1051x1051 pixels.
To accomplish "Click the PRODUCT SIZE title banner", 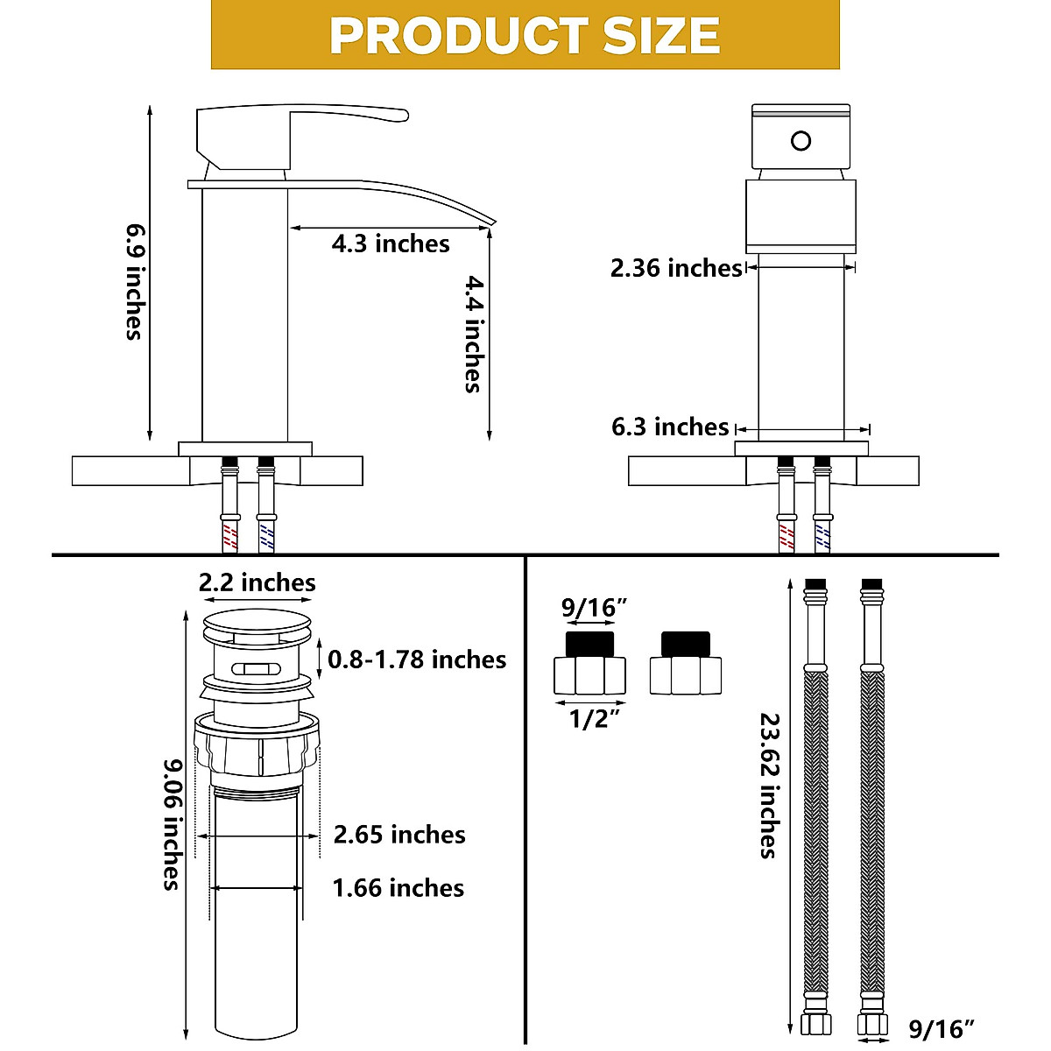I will (525, 35).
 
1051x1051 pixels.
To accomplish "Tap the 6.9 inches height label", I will (133, 280).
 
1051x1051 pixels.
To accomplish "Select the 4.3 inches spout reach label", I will (390, 243).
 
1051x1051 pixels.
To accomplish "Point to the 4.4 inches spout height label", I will (474, 333).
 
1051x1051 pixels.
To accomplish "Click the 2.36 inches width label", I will (676, 268).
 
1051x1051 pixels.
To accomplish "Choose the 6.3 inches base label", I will (670, 427).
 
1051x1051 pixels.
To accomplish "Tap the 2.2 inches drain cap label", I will (257, 582).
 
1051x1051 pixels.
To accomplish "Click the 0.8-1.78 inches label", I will (417, 660).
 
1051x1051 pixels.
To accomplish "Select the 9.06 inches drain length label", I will (171, 823).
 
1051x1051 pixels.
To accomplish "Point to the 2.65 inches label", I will (399, 835).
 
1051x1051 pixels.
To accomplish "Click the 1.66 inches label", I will (399, 888).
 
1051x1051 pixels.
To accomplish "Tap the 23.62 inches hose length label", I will (769, 784).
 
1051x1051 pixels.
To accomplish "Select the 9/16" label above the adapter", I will (595, 606).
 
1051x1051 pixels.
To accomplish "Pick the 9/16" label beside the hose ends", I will (942, 1029).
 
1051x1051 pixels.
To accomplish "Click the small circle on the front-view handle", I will (801, 140).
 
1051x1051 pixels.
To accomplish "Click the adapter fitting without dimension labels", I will (686, 665).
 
